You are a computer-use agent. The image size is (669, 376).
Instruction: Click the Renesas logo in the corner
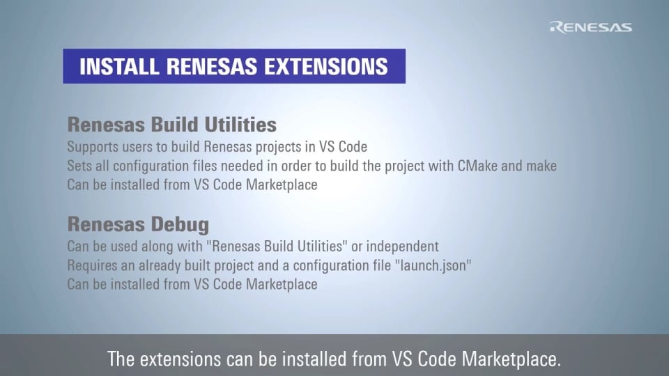click(x=590, y=27)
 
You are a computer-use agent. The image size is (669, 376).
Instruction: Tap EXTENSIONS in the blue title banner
click(x=326, y=67)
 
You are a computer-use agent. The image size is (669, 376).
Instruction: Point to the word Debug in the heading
click(x=180, y=225)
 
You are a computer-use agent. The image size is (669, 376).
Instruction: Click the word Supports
click(x=93, y=147)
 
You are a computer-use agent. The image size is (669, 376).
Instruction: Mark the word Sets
click(x=79, y=166)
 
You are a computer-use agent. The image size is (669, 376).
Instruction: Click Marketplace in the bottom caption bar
click(x=511, y=359)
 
